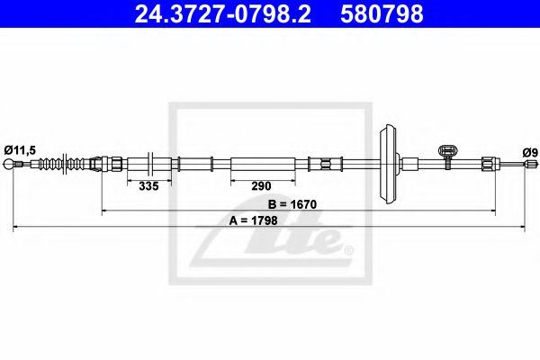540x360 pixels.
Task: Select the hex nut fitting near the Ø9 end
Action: [x=487, y=164]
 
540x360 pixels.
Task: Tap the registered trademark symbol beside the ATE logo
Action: [x=348, y=249]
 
